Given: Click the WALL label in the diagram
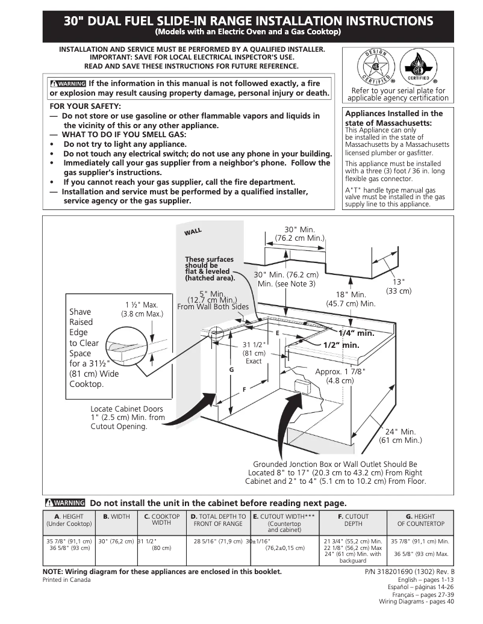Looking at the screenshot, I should click(x=193, y=232).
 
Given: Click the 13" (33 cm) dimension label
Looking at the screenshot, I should click(x=399, y=286).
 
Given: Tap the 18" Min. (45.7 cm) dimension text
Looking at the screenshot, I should click(x=351, y=299).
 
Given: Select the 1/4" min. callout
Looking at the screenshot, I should click(x=356, y=333).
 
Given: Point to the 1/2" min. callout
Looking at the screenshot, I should click(x=341, y=345).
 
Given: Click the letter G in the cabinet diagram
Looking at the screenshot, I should click(x=231, y=368).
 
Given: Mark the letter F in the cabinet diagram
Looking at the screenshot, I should click(x=244, y=390).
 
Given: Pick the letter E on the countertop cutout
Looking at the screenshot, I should click(x=278, y=333).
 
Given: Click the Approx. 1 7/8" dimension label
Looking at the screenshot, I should click(x=340, y=375).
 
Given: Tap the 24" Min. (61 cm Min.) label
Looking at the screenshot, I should click(x=400, y=436).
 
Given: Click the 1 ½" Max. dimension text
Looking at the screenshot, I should click(x=142, y=309).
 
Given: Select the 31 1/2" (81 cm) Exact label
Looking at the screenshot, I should click(x=254, y=353).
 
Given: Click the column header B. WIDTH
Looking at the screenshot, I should click(x=116, y=516).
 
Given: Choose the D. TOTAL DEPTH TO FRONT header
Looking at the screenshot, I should click(x=218, y=520).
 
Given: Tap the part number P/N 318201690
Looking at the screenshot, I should click(x=410, y=572).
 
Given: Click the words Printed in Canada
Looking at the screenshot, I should click(x=66, y=580).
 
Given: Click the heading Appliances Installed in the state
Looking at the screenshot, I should click(x=394, y=118).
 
